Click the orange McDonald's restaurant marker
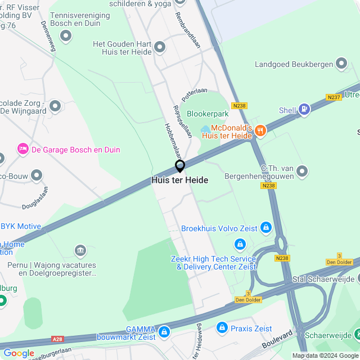pos(259,130)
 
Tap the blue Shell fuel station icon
pos(304,109)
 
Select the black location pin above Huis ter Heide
pos(180,166)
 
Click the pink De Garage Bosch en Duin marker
pos(23,149)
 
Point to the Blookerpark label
pos(208,114)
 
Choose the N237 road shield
pos(334,97)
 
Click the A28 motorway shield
pos(57,339)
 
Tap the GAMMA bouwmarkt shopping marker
pos(164,332)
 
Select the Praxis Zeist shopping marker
pos(222,327)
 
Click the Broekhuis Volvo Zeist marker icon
pos(265,228)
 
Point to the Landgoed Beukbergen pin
pos(341,64)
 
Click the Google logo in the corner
pos(19,353)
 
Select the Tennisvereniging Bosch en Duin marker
pos(66,37)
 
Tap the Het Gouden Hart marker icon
pos(160,48)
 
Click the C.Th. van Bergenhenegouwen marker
pos(303,170)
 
